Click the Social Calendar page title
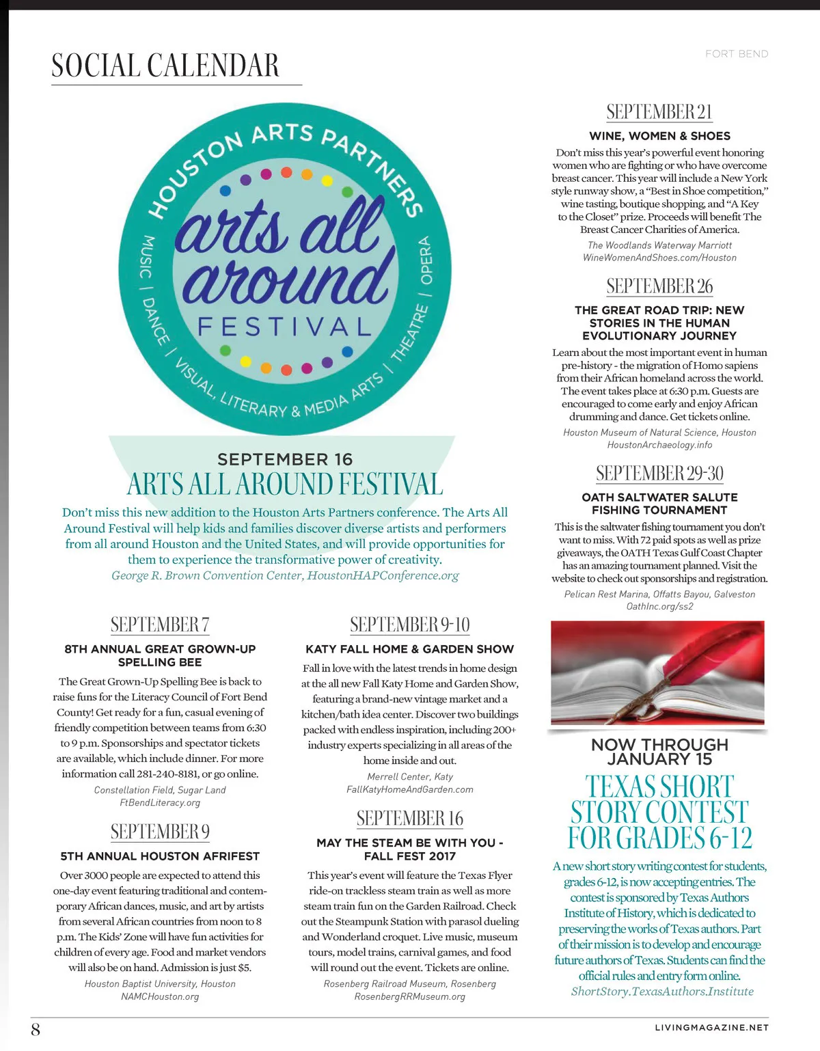pyautogui.click(x=165, y=66)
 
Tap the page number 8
pyautogui.click(x=36, y=1028)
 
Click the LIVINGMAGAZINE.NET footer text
pyautogui.click(x=711, y=1027)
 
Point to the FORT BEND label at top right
pyautogui.click(x=736, y=54)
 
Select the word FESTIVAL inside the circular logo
pyautogui.click(x=284, y=327)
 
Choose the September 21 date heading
pyautogui.click(x=659, y=112)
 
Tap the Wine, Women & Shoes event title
pyautogui.click(x=659, y=136)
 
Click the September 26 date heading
pyautogui.click(x=659, y=286)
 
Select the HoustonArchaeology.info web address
pyautogui.click(x=659, y=445)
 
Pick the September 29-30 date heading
pyautogui.click(x=659, y=474)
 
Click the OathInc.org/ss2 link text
pyautogui.click(x=659, y=606)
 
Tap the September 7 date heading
pyautogui.click(x=160, y=625)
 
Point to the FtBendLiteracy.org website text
pyautogui.click(x=160, y=802)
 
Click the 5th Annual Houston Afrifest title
pyautogui.click(x=160, y=856)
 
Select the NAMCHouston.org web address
pyautogui.click(x=160, y=996)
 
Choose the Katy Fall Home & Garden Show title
pyautogui.click(x=409, y=649)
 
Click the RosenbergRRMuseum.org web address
pyautogui.click(x=409, y=996)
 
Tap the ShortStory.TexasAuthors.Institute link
pyautogui.click(x=662, y=992)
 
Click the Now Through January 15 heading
pyautogui.click(x=659, y=752)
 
